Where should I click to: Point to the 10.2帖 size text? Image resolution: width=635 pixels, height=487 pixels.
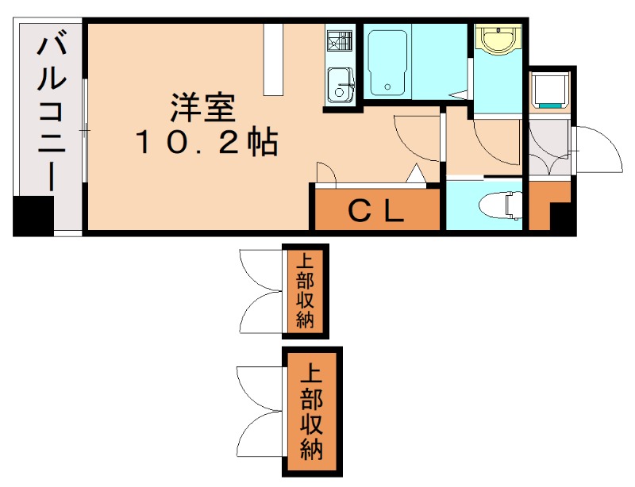coord(205,143)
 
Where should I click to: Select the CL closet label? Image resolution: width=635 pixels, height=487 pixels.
coord(378,210)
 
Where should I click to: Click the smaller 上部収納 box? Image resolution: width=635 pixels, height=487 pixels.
coord(306,290)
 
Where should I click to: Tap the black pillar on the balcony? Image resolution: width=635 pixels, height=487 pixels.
coord(33,215)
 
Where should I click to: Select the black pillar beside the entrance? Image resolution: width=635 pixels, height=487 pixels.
coord(562,216)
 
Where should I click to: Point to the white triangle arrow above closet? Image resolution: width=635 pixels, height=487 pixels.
coord(416,173)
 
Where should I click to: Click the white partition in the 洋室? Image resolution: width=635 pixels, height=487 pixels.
coord(275,59)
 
